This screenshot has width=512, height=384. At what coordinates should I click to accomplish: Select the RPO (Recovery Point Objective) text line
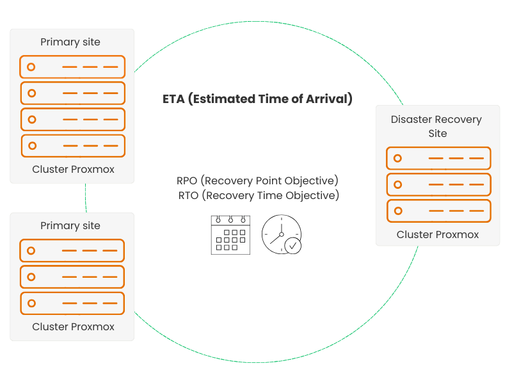pyautogui.click(x=257, y=180)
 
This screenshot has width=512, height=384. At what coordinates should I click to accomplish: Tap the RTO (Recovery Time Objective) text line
pyautogui.click(x=257, y=195)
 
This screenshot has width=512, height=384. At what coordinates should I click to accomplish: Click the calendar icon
pyautogui.click(x=230, y=234)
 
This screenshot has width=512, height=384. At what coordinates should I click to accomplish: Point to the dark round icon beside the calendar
pyautogui.click(x=282, y=234)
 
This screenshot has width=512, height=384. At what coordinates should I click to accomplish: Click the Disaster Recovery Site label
pyautogui.click(x=437, y=126)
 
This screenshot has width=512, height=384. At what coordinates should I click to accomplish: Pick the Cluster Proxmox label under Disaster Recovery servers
pyautogui.click(x=437, y=234)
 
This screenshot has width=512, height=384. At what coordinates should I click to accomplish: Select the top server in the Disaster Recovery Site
pyautogui.click(x=438, y=158)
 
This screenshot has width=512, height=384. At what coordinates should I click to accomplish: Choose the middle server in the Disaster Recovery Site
pyautogui.click(x=438, y=184)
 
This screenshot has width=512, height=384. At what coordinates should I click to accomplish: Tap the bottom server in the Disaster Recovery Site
pyautogui.click(x=438, y=211)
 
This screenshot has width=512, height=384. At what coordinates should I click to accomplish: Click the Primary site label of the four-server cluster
pyautogui.click(x=70, y=42)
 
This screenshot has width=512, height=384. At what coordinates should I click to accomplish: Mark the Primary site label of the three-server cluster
pyautogui.click(x=70, y=225)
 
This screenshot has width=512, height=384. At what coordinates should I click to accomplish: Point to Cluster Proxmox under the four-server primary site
pyautogui.click(x=73, y=169)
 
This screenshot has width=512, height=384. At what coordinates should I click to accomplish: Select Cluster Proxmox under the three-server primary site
pyautogui.click(x=73, y=326)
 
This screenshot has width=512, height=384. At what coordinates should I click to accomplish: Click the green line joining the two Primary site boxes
pyautogui.click(x=85, y=198)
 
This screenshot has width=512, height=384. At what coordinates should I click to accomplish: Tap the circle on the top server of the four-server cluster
pyautogui.click(x=31, y=67)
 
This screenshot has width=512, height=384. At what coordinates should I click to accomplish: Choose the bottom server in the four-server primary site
pyautogui.click(x=73, y=145)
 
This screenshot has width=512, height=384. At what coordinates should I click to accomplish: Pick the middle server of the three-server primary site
pyautogui.click(x=72, y=277)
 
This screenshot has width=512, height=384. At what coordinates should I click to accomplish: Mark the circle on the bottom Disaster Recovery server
pyautogui.click(x=397, y=211)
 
